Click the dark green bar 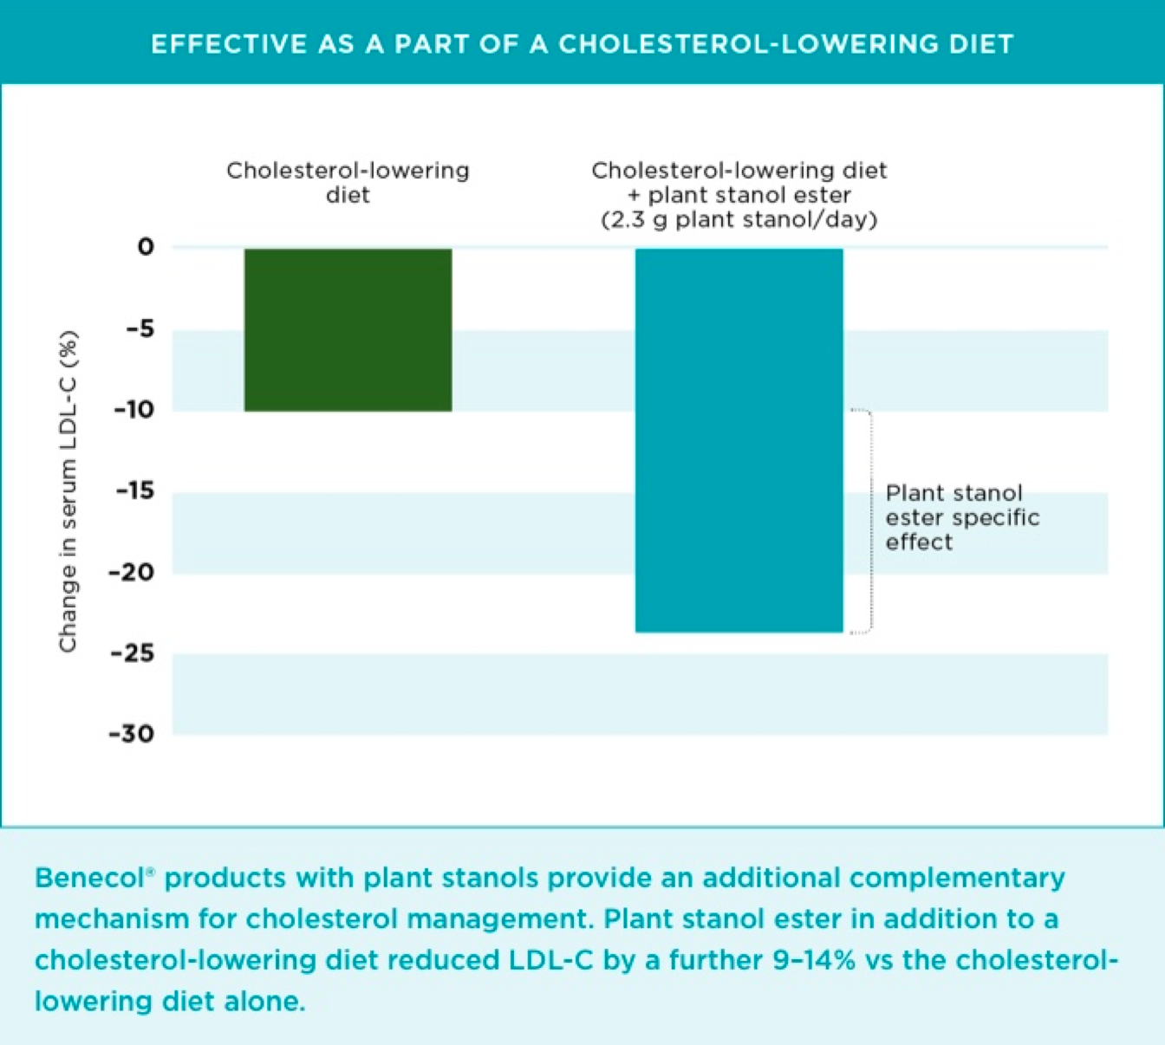click(348, 329)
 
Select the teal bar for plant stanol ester click(739, 440)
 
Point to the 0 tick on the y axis click(146, 247)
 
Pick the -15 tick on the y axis click(134, 490)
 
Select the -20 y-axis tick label click(132, 572)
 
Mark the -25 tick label click(133, 652)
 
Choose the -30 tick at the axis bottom click(132, 734)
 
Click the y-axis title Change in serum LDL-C click(68, 491)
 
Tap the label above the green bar click(348, 182)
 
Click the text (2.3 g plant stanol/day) click(739, 220)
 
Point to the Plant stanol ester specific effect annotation click(961, 517)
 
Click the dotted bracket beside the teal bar click(869, 520)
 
